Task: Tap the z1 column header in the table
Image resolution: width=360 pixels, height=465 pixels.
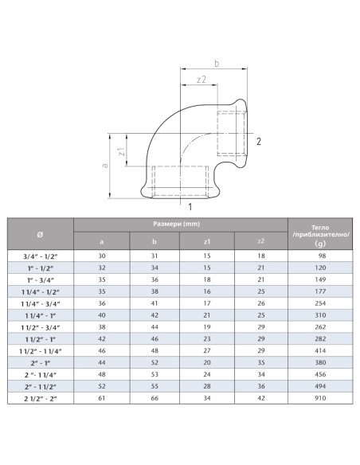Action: [206, 241]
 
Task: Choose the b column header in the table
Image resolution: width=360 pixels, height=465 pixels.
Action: [154, 241]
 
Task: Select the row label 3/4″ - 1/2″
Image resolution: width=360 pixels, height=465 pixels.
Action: [41, 256]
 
